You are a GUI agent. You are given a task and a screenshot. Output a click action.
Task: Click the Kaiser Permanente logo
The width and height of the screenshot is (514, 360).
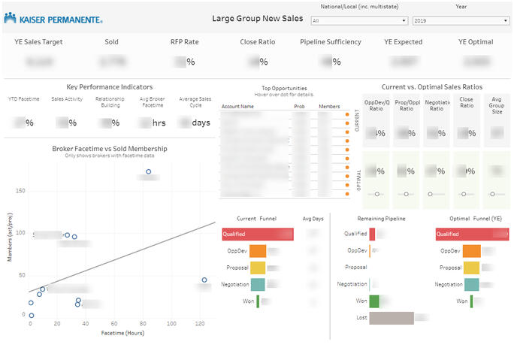pyautogui.click(x=53, y=18)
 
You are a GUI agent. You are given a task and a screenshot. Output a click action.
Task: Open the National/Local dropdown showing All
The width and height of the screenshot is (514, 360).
pyautogui.click(x=359, y=21)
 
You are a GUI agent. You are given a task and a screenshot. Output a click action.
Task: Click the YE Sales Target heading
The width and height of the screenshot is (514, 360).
pyautogui.click(x=38, y=42)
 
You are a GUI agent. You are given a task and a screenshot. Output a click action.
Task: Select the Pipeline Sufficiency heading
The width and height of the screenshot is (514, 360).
pyautogui.click(x=331, y=42)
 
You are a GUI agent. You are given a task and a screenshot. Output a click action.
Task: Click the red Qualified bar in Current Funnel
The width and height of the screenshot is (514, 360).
pyautogui.click(x=258, y=234)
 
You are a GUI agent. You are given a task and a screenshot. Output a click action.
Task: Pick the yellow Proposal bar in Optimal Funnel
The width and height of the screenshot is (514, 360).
pyautogui.click(x=472, y=268)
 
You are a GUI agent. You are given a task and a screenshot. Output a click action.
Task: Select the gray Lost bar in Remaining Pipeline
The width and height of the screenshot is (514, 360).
pyautogui.click(x=392, y=318)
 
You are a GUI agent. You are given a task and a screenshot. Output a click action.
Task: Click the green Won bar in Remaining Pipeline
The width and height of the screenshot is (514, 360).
pyautogui.click(x=374, y=301)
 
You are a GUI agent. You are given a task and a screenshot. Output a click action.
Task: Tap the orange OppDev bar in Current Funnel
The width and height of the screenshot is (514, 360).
pyautogui.click(x=257, y=251)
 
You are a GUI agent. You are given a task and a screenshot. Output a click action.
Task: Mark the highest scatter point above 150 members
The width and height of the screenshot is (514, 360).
pyautogui.click(x=149, y=172)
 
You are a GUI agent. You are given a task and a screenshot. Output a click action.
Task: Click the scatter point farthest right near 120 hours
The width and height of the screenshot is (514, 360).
pyautogui.click(x=204, y=280)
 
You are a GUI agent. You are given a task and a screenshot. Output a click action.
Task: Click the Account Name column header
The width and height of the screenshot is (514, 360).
pyautogui.click(x=237, y=107)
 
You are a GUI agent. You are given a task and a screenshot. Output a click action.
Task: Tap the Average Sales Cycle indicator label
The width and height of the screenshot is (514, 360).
pyautogui.click(x=195, y=101)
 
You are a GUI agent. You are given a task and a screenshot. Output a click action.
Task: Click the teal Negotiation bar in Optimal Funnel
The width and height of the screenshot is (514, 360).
pyautogui.click(x=470, y=284)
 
